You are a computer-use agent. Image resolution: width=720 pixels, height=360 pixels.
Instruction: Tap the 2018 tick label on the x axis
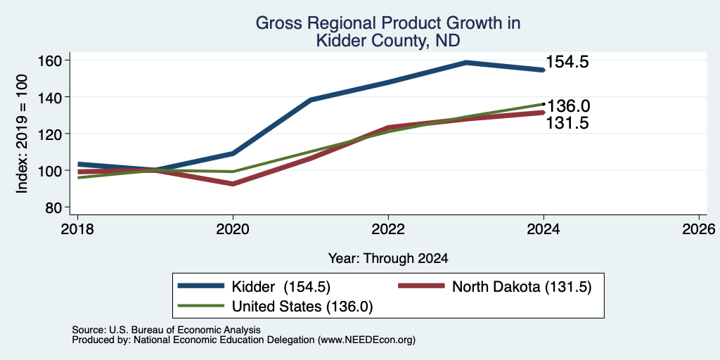pos(77,229)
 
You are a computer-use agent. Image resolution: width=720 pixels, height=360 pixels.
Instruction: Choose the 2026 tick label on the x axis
pos(700,229)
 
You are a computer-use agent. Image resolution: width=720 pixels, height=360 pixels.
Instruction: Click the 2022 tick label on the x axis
pos(388,229)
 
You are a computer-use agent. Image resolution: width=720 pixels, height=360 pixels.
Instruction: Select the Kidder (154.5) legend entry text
pos(281,287)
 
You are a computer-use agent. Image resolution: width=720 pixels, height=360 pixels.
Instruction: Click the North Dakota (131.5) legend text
pos(522,287)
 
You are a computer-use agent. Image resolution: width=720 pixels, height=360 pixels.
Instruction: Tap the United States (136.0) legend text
pos(302,307)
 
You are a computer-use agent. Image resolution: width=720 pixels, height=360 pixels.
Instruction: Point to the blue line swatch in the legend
pos(202,286)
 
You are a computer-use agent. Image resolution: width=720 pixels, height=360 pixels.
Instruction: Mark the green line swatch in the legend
pos(202,305)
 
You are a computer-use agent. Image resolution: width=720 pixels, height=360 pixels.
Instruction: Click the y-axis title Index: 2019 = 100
pos(22,134)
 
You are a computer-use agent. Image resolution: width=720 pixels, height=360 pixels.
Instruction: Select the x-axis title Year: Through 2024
pos(388,259)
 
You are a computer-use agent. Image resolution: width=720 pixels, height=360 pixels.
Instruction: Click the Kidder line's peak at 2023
pos(466,63)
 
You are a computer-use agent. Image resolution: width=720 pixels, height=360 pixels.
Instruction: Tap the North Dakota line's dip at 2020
pos(233,184)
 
